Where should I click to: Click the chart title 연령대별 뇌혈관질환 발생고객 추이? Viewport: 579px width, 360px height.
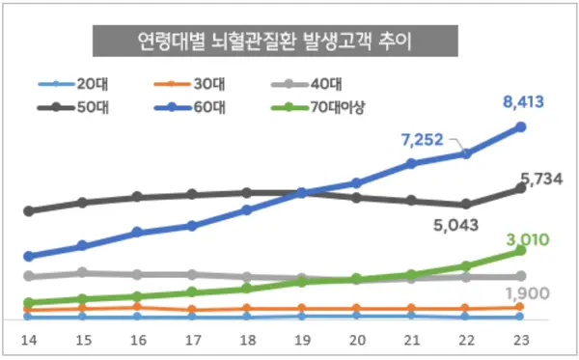click(x=275, y=42)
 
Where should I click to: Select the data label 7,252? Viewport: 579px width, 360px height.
click(x=421, y=140)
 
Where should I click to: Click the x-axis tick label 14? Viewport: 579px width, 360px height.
click(x=29, y=339)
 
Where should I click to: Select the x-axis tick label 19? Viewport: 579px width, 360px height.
click(x=301, y=339)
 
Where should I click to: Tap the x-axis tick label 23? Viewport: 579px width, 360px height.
click(x=520, y=339)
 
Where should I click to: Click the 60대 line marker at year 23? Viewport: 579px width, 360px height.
click(x=520, y=126)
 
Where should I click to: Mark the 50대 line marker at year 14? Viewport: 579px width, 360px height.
click(x=29, y=210)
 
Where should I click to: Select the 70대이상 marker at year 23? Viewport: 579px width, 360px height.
click(x=520, y=250)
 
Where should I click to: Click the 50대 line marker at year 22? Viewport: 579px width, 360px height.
click(x=466, y=204)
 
